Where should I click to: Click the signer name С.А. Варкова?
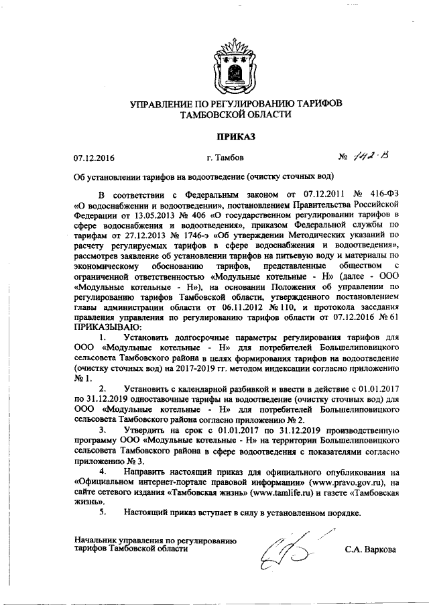point(370,549)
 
